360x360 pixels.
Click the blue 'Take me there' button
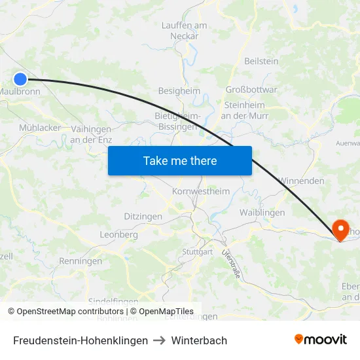click(180, 160)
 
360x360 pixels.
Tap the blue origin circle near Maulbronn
click(20, 79)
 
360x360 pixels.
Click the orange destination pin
click(340, 230)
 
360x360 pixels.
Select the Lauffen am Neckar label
click(184, 31)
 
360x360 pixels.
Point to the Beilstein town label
click(261, 61)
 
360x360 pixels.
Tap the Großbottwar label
click(251, 90)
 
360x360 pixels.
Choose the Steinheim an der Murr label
click(244, 110)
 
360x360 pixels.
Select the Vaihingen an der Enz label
click(91, 134)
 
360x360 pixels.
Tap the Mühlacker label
click(41, 128)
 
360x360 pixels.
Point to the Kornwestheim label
click(201, 191)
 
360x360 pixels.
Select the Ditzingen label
click(143, 216)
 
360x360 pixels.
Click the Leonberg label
click(118, 234)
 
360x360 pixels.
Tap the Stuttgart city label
click(197, 251)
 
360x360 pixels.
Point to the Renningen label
click(81, 261)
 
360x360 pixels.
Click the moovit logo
click(321, 340)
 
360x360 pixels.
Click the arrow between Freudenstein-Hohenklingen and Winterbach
click(160, 340)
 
